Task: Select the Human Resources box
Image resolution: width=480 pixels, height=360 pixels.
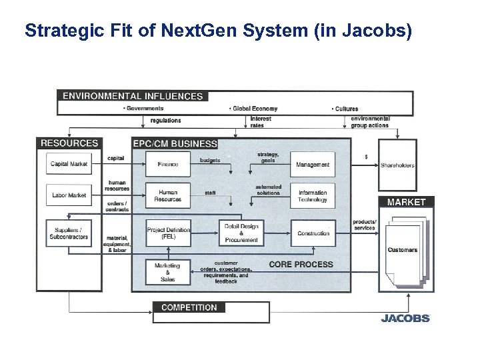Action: point(168,195)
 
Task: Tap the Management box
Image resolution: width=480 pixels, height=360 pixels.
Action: point(313,165)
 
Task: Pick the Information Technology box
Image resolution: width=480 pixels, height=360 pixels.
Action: point(313,195)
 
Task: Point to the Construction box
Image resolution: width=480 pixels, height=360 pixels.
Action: point(313,233)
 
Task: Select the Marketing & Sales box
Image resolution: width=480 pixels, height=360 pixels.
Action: point(168,272)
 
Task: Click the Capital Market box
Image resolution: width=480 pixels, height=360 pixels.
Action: point(69,164)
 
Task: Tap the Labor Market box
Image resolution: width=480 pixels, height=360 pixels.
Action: point(69,195)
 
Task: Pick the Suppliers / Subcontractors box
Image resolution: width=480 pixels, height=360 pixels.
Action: point(69,233)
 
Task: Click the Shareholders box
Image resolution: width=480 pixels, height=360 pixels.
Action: point(397,165)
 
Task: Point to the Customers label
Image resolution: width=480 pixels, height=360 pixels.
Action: point(402,250)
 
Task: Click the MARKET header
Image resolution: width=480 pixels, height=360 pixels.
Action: point(406,202)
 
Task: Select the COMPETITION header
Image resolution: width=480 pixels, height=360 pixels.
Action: point(189,307)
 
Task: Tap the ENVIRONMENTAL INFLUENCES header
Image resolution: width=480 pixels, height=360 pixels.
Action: point(133,96)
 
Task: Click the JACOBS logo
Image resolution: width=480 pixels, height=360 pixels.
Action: point(405,318)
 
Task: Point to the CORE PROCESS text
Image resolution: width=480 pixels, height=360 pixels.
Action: point(301,265)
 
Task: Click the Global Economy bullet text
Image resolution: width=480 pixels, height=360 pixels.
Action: point(253,109)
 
